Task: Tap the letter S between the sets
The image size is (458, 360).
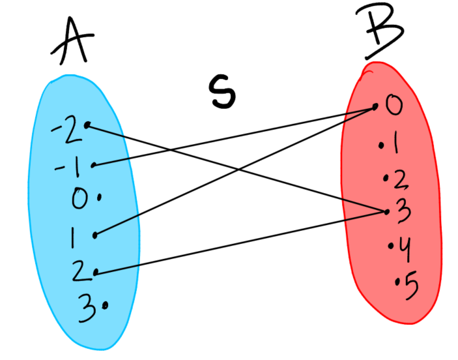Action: (221, 91)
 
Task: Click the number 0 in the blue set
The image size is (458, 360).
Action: (79, 198)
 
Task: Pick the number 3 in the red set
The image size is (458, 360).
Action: (400, 210)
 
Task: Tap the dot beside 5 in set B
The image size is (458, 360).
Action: (397, 282)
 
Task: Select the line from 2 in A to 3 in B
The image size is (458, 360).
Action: (241, 241)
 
